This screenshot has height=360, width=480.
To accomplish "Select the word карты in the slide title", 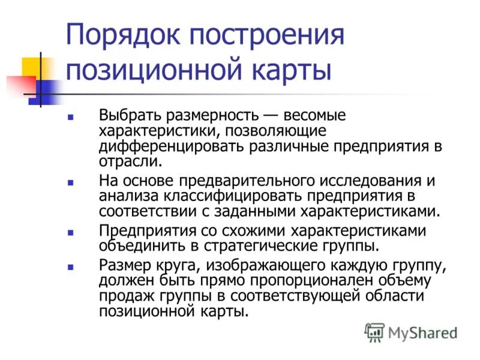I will (x=295, y=70).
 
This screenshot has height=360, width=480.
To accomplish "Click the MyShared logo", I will (x=411, y=332).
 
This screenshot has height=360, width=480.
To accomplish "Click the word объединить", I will (x=136, y=246).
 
